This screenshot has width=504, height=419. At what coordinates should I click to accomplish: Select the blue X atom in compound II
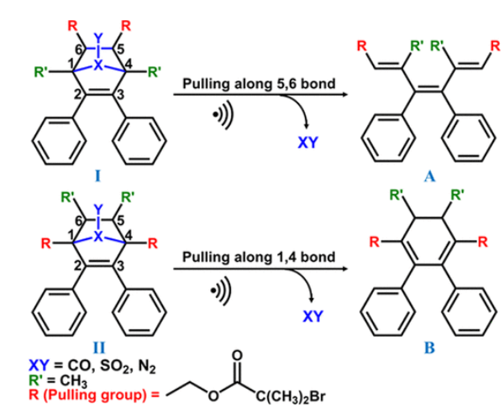click(97, 237)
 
